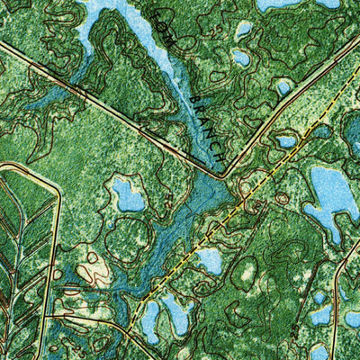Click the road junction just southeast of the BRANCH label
click(225, 175)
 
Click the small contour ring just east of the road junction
click(281, 196)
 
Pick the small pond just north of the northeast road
click(283, 86)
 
